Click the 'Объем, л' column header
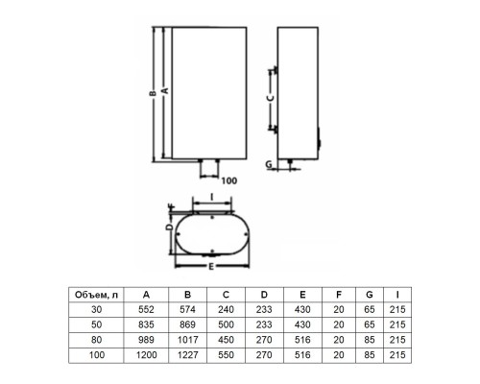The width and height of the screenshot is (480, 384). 96,295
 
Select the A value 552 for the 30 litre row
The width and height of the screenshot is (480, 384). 146,309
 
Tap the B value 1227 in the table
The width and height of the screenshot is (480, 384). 188,355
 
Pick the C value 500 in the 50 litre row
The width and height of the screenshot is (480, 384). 226,324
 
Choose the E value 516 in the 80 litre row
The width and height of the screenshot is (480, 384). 302,340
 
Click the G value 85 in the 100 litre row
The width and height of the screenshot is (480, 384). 370,355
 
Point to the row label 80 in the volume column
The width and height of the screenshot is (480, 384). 96,340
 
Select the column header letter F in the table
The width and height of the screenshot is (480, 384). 339,295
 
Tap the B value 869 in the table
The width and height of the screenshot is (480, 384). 187,324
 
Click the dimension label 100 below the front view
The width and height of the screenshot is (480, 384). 229,180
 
